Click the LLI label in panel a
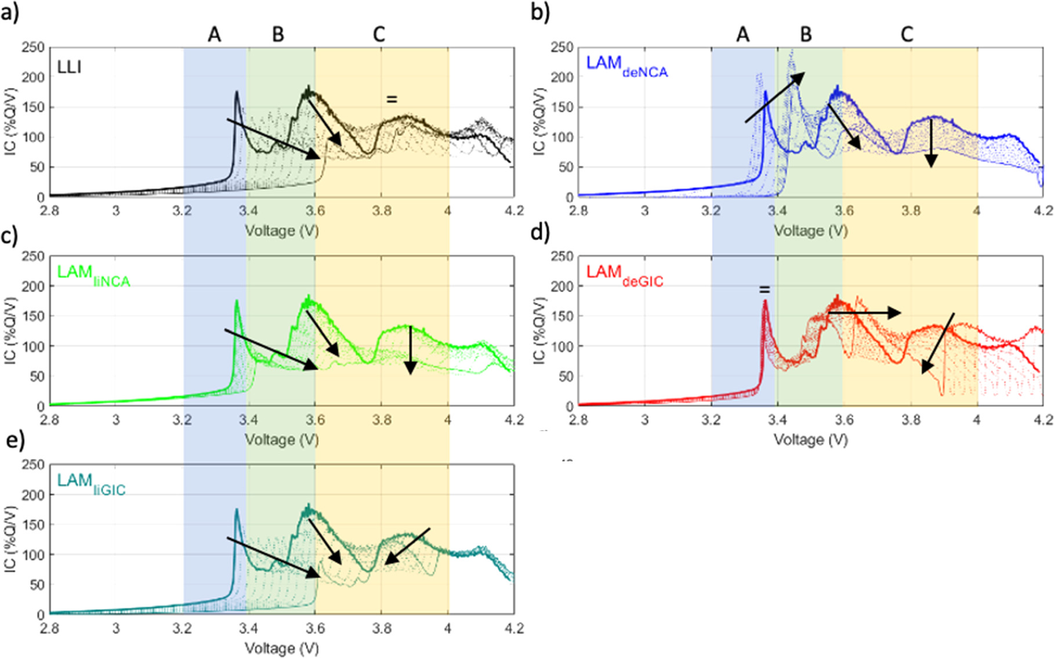(69, 67)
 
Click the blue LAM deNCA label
(626, 66)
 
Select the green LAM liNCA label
(93, 274)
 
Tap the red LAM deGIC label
(624, 274)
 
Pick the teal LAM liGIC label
(91, 483)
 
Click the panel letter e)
(16, 441)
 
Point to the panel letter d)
(540, 233)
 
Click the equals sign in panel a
(392, 99)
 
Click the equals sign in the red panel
(765, 289)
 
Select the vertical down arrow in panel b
(932, 143)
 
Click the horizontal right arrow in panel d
(864, 313)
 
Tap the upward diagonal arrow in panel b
(775, 97)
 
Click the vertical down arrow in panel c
(410, 350)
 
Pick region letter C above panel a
(379, 35)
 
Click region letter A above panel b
(742, 35)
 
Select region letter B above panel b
(806, 35)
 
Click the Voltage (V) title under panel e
(281, 648)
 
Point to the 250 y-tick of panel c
(33, 256)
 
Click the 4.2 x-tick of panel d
(1042, 420)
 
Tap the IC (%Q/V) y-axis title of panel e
(10, 539)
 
